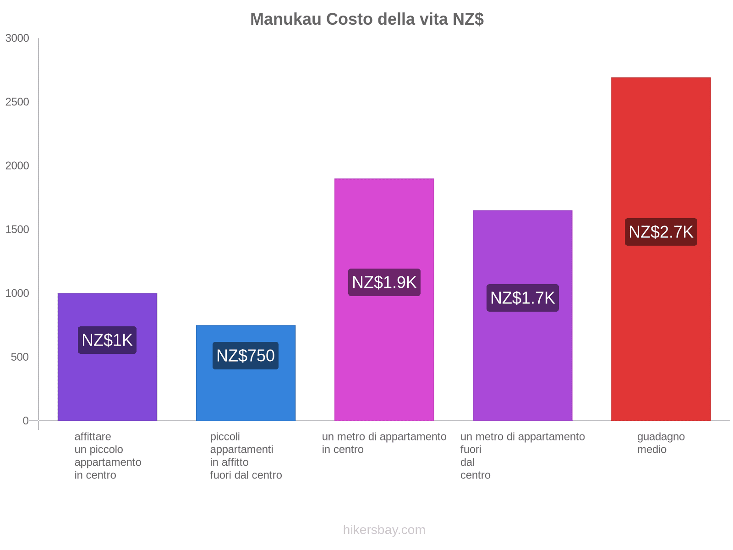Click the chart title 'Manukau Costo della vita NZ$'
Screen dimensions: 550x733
(366, 19)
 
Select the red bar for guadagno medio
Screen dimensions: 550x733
(661, 321)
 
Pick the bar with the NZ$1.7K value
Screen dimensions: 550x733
(522, 367)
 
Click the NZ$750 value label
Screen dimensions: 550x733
(246, 356)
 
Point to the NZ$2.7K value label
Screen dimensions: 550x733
(661, 232)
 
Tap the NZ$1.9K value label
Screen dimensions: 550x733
(384, 282)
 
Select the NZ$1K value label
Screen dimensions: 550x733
(107, 340)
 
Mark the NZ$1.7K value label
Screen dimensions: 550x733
(522, 298)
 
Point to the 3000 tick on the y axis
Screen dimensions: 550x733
(17, 38)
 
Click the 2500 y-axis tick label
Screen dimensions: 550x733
(17, 102)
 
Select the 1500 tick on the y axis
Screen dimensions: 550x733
(17, 230)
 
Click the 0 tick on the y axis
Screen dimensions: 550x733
(26, 421)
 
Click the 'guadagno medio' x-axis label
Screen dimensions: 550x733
(661, 443)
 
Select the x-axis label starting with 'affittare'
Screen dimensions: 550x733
(108, 456)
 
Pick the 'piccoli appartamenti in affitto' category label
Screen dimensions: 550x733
(246, 456)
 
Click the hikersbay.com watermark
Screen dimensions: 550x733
(384, 530)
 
